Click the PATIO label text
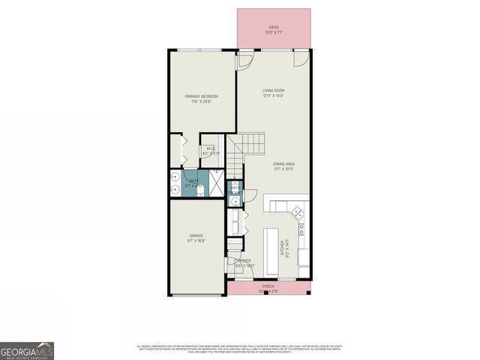click(x=274, y=27)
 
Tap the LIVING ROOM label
click(x=274, y=90)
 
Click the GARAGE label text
click(x=196, y=235)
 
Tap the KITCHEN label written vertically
click(x=283, y=248)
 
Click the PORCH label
click(x=268, y=286)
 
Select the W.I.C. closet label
click(x=211, y=148)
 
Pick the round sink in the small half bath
click(x=235, y=200)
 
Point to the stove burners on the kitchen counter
click(x=301, y=227)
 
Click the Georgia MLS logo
click(x=27, y=350)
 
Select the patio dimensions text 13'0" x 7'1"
click(x=274, y=33)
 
